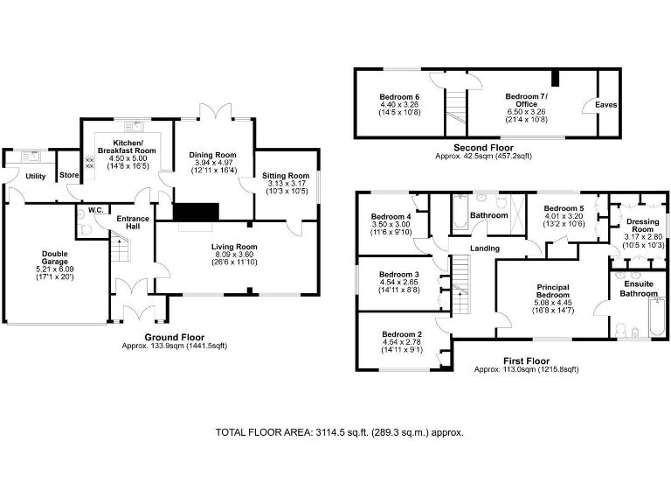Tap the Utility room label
(35, 176)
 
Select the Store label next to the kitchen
(69, 176)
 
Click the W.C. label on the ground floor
(93, 210)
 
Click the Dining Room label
(213, 155)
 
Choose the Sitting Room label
(286, 176)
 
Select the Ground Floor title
(174, 337)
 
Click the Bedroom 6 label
(398, 96)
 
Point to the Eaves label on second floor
(605, 105)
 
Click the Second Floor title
(483, 148)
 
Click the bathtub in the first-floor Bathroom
(460, 211)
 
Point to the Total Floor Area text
(339, 432)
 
